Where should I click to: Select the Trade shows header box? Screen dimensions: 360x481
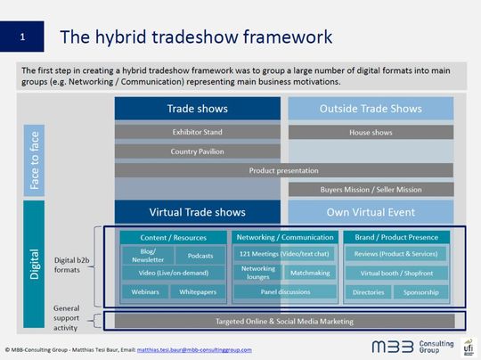pos(198,109)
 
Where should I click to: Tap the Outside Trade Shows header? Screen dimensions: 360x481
pos(371,109)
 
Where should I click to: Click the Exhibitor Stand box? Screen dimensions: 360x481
pos(198,132)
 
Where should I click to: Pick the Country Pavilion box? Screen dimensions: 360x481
pos(198,151)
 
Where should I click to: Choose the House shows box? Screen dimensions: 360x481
pos(371,132)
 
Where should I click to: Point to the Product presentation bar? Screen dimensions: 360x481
pos(284,170)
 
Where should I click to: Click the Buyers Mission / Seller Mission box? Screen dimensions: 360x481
pos(371,189)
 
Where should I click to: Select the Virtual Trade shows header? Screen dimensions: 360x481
pos(198,212)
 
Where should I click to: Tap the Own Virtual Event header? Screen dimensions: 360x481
pos(371,212)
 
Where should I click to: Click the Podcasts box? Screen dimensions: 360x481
pos(200,256)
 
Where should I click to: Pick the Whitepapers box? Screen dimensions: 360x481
pos(200,291)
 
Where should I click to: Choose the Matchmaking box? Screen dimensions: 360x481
pos(309,273)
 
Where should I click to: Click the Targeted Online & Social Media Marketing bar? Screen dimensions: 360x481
pos(284,321)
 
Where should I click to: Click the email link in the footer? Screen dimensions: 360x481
pos(262,349)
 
